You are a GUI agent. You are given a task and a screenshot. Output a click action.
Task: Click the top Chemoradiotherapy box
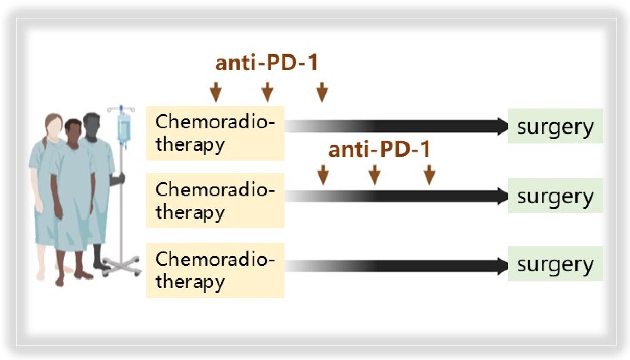pos(215,133)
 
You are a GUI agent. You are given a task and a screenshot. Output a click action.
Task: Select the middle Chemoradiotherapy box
pos(215,200)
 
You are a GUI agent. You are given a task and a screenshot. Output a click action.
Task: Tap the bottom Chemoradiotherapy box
pos(215,270)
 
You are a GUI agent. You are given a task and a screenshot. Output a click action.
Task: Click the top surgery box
pos(555,126)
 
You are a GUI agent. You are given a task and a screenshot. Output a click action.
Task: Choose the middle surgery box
pos(555,196)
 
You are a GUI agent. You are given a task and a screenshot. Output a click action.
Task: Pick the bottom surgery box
pos(555,264)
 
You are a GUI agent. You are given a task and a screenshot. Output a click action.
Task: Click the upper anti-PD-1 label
pos(267,62)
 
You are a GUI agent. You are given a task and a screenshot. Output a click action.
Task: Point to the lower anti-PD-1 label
pos(380,149)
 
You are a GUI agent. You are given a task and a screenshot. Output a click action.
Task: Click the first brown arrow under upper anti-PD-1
pos(216,92)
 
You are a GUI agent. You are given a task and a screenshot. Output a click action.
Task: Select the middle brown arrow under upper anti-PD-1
pos(267,92)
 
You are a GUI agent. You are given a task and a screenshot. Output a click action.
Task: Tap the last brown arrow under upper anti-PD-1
pos(322,92)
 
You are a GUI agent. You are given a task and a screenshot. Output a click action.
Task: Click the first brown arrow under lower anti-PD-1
pos(323,174)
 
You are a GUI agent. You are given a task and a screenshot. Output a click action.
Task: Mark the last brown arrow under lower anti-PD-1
pos(429,174)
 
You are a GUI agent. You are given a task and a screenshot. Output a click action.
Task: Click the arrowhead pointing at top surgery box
pos(502,126)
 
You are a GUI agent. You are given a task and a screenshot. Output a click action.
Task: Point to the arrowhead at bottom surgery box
pos(502,266)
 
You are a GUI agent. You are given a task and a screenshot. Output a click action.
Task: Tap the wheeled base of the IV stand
pos(122,266)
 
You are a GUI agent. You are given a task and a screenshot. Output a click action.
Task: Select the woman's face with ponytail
pos(54,126)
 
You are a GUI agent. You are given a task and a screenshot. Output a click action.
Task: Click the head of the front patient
pos(74,132)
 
